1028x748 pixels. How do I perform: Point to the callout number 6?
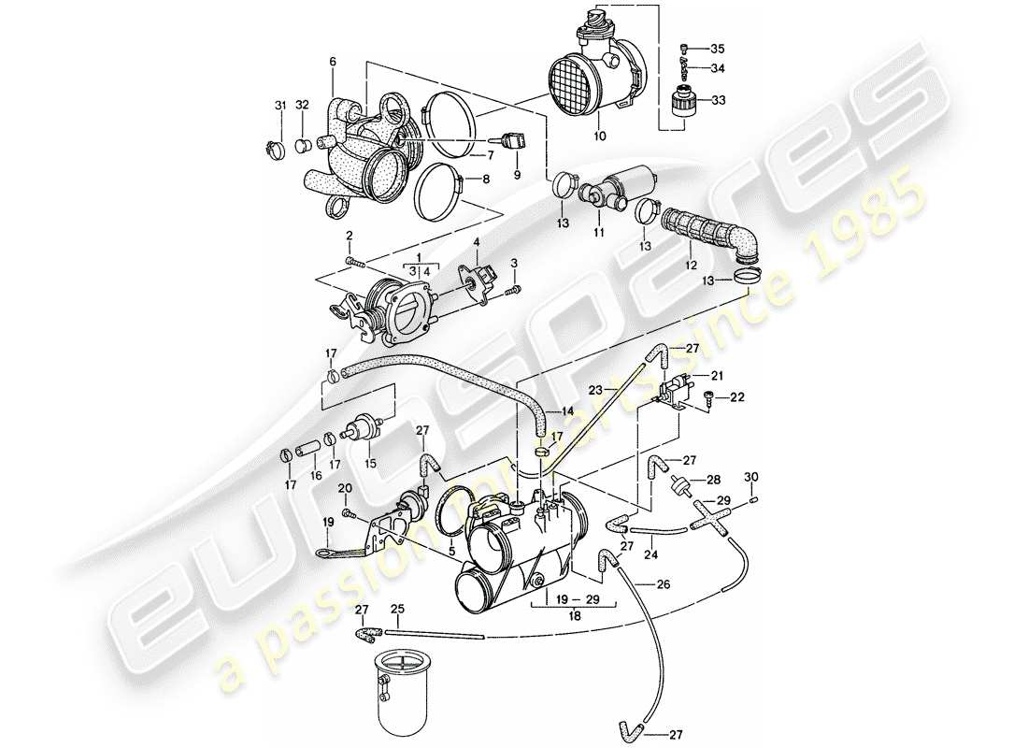(332, 62)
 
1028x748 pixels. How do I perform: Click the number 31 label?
(279, 104)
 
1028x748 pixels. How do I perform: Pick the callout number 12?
(691, 266)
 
